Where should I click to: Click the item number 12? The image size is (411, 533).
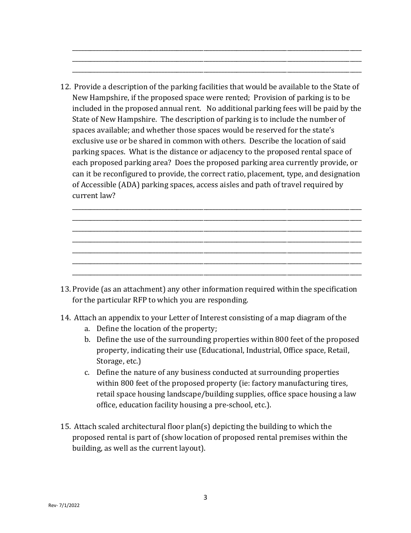[65, 87]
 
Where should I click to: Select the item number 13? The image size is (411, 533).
[65, 289]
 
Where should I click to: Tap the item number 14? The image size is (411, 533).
[65, 318]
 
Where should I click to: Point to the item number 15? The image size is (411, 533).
[65, 426]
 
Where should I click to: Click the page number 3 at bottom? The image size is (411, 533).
[205, 497]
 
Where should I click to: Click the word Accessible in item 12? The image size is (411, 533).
[98, 185]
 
